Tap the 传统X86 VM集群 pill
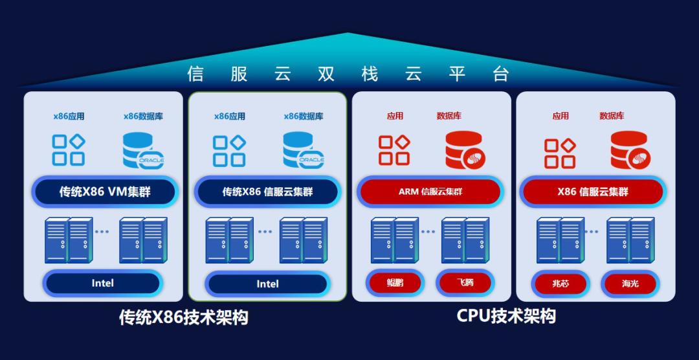pyautogui.click(x=105, y=192)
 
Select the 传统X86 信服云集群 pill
pyautogui.click(x=267, y=192)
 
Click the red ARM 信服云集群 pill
pyautogui.click(x=430, y=192)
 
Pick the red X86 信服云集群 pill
pyautogui.click(x=593, y=192)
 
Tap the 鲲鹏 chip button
pyautogui.click(x=395, y=283)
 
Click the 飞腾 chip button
pyautogui.click(x=465, y=283)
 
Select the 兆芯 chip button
pyautogui.click(x=560, y=284)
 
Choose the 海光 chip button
pyautogui.click(x=630, y=284)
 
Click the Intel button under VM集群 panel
pyautogui.click(x=102, y=283)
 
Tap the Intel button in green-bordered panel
pyautogui.click(x=267, y=284)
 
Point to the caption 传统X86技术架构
pyautogui.click(x=184, y=317)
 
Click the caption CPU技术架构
pyautogui.click(x=506, y=316)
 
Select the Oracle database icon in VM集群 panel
pyautogui.click(x=142, y=150)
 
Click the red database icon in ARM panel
pyautogui.click(x=465, y=150)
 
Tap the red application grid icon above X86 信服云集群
pyautogui.click(x=560, y=153)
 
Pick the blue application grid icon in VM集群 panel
pyautogui.click(x=69, y=150)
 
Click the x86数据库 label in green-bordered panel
pyautogui.click(x=304, y=117)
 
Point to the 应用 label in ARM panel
pyautogui.click(x=395, y=116)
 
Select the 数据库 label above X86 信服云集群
pyautogui.click(x=612, y=116)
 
